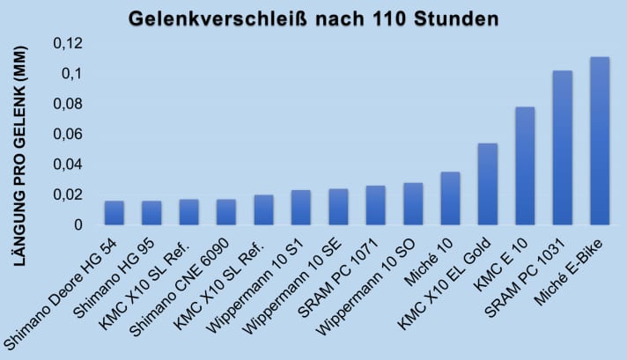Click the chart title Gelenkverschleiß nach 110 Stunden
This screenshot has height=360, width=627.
point(313,18)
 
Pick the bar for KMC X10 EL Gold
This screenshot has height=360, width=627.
point(487,184)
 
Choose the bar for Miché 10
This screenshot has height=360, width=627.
point(450,198)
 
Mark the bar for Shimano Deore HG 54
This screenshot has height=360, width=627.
point(114,213)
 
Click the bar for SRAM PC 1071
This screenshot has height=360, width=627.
point(375,205)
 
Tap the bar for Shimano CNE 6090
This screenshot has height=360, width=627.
point(226,212)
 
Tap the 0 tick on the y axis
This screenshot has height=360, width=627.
point(77,225)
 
